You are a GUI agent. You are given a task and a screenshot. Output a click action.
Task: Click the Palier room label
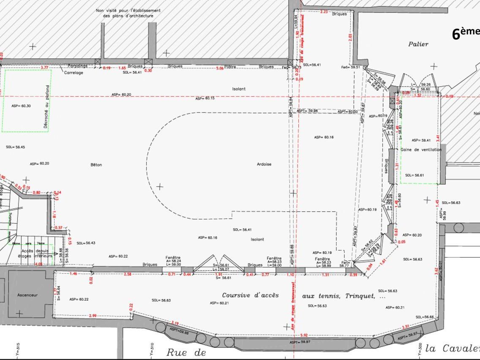[x=418, y=44]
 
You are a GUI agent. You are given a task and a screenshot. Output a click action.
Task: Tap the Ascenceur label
[x=27, y=295]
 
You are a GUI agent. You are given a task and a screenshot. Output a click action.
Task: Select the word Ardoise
[x=264, y=164]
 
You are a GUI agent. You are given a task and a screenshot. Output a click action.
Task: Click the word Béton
[x=96, y=165]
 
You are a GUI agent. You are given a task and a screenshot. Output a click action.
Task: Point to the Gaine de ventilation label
[x=421, y=150]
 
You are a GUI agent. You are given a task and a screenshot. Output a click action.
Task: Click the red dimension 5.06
[x=220, y=68]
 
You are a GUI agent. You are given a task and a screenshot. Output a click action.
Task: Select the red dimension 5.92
[x=303, y=335]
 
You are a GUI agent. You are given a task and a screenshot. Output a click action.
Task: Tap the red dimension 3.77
[x=44, y=68]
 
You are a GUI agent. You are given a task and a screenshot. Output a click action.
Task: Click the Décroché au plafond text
[x=47, y=102]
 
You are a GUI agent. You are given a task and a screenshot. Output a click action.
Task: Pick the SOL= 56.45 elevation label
[x=15, y=147]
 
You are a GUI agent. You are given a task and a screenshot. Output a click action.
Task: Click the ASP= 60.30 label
[x=21, y=106]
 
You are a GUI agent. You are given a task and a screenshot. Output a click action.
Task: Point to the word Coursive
[x=238, y=295]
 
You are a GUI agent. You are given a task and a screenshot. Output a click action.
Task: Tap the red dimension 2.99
[x=93, y=316]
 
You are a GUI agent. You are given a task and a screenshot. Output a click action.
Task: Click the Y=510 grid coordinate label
[x=152, y=349]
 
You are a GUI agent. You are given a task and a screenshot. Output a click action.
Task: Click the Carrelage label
[x=74, y=73]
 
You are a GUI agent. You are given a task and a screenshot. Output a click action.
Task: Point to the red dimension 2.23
[x=324, y=12]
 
